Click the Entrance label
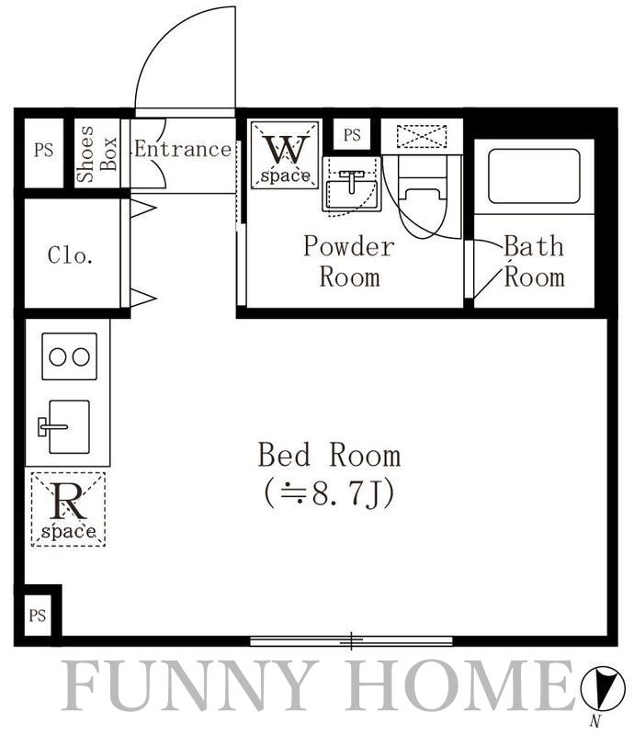(183, 149)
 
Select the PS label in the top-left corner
(44, 150)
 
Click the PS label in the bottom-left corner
(37, 616)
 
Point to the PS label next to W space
(353, 135)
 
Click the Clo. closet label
(71, 255)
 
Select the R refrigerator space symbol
(69, 503)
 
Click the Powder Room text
(348, 261)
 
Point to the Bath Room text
(534, 261)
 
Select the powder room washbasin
(350, 190)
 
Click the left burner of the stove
(57, 356)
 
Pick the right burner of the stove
(81, 356)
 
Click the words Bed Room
(329, 455)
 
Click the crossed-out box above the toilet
(422, 136)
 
